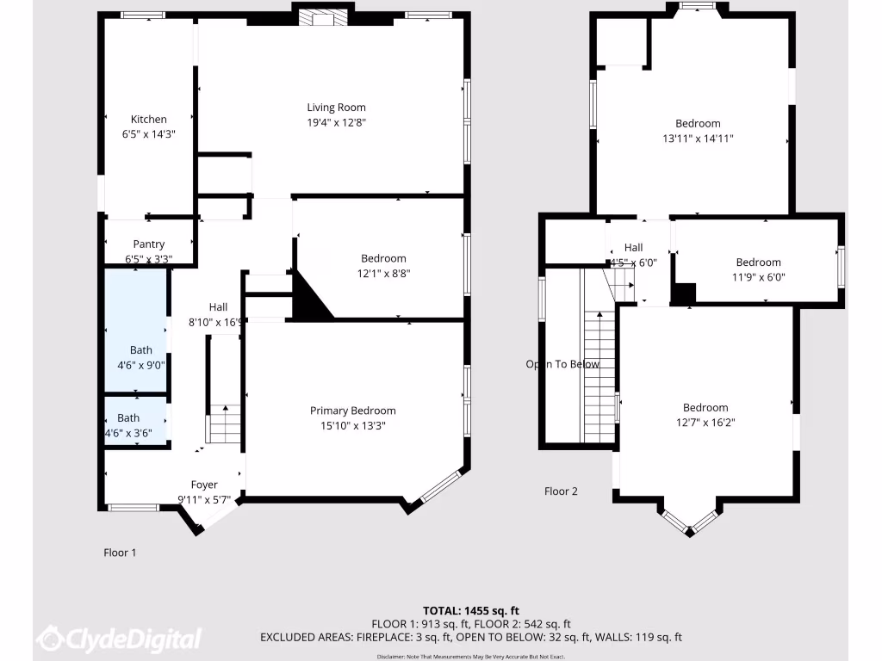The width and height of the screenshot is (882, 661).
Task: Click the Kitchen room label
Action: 148,120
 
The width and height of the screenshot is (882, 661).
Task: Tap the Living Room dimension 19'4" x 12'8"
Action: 336,122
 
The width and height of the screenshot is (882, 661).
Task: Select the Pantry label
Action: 148,244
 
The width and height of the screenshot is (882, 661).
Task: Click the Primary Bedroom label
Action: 353,411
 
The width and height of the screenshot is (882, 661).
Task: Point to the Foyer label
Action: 204,485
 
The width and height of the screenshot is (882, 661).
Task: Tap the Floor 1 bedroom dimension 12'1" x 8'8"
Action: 383,274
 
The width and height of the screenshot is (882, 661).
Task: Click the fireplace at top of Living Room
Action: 322,19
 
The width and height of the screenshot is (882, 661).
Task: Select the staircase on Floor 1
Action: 224,423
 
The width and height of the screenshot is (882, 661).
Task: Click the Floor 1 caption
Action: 120,553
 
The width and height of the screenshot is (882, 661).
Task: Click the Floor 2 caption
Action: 561,491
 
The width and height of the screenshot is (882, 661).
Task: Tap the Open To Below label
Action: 562,364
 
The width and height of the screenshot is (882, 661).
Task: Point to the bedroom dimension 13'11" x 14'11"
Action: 698,138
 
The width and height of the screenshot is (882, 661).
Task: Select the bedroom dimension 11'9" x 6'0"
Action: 758,277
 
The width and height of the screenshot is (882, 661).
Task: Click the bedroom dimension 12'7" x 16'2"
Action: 705,423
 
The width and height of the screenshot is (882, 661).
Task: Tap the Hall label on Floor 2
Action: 634,247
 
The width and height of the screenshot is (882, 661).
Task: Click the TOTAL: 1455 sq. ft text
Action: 470,610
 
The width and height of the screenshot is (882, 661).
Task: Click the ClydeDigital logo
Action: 120,639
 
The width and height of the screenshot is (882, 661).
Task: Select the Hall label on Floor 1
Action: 219,307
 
